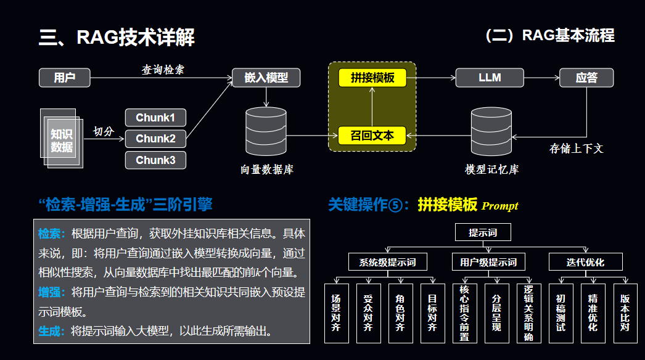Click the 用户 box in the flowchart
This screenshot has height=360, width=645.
(65, 78)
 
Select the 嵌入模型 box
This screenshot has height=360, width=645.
(266, 78)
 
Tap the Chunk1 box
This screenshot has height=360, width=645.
(155, 118)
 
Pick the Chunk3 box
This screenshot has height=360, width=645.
(155, 160)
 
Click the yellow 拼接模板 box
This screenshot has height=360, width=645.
(372, 78)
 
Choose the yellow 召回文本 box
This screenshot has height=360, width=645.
(372, 135)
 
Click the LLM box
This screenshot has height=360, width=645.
(490, 78)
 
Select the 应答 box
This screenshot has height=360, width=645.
(586, 78)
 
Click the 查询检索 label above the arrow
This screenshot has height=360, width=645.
(163, 70)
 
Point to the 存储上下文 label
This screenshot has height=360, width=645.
(576, 149)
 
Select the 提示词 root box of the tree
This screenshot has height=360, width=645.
(483, 232)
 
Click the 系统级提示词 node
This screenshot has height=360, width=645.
(387, 262)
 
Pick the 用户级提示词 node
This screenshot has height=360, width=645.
(488, 262)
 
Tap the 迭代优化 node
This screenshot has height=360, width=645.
(586, 262)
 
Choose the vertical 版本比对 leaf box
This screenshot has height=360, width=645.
(625, 313)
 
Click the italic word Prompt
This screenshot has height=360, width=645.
(500, 206)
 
